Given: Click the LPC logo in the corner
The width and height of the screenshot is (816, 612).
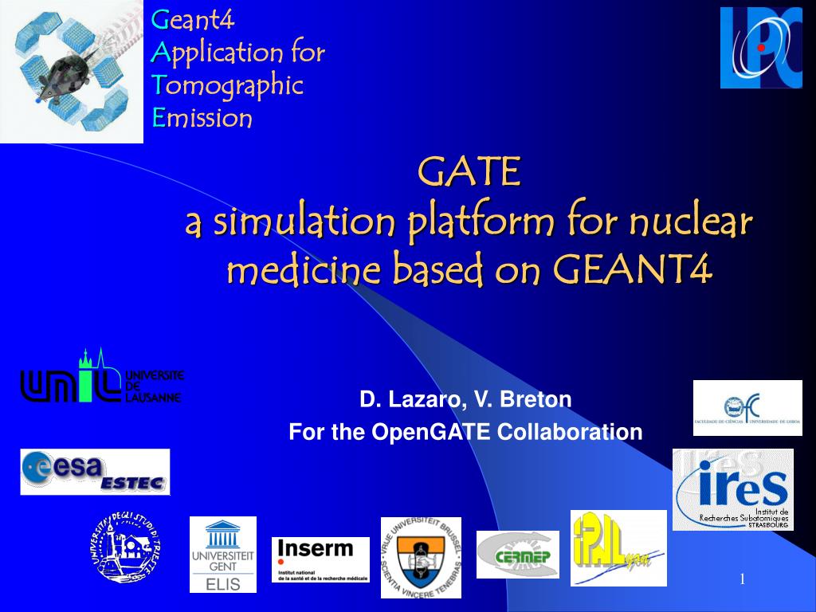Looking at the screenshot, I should point(760,47).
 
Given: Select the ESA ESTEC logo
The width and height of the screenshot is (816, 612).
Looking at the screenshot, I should point(95,472).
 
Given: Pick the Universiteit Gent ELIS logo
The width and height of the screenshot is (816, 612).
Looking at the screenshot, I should point(223,555).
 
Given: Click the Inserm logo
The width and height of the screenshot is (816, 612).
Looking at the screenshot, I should point(320,559).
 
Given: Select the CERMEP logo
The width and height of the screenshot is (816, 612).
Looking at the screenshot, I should point(518,555).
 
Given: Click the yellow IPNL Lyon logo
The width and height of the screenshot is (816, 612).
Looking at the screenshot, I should point(618,547).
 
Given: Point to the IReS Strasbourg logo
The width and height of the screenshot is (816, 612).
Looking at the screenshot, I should point(732,489).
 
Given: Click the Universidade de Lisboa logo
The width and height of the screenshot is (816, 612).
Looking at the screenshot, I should point(747,407).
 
